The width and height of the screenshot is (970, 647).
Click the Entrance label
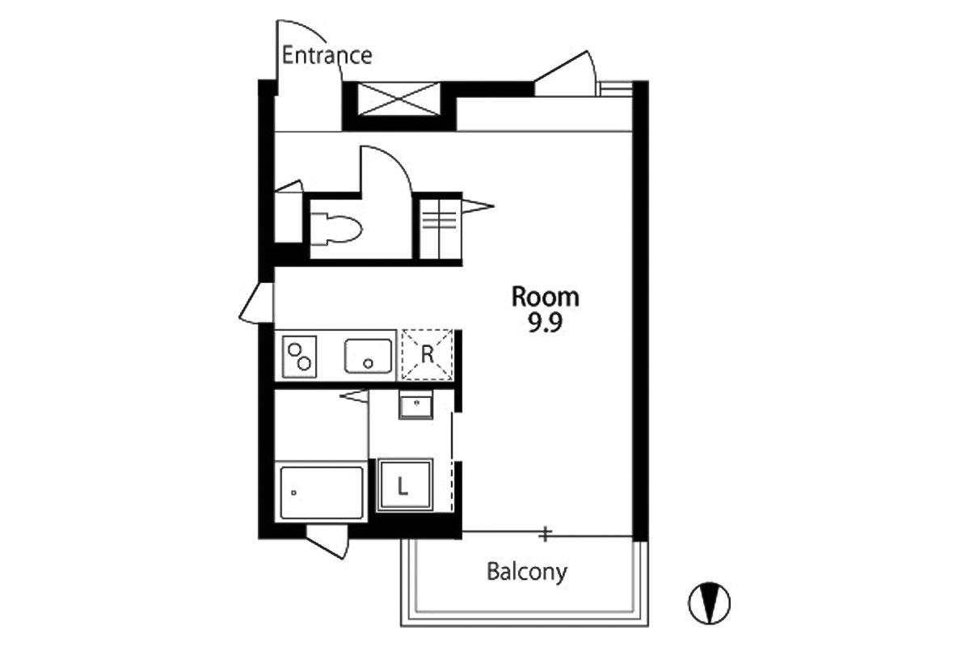pyautogui.click(x=327, y=56)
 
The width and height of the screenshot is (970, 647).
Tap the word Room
pyautogui.click(x=545, y=297)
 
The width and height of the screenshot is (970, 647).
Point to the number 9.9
pyautogui.click(x=545, y=323)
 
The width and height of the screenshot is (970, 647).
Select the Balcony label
pyautogui.click(x=527, y=572)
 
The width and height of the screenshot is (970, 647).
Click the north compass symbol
pyautogui.click(x=709, y=603)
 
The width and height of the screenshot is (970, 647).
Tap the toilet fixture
pyautogui.click(x=336, y=229)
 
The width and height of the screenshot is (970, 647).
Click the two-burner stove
pyautogui.click(x=299, y=357)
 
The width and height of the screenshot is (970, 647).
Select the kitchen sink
pyautogui.click(x=368, y=356)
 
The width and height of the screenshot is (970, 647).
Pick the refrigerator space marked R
pyautogui.click(x=427, y=355)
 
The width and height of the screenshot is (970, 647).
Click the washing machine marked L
pyautogui.click(x=404, y=485)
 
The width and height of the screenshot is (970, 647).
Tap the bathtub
pyautogui.click(x=322, y=493)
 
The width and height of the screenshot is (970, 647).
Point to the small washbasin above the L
pyautogui.click(x=415, y=404)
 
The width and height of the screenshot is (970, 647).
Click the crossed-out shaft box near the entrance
pyautogui.click(x=399, y=99)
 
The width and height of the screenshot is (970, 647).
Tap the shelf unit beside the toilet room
pyautogui.click(x=438, y=229)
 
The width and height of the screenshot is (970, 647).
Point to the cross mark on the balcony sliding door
pyautogui.click(x=545, y=534)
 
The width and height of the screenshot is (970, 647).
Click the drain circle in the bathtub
pyautogui.click(x=293, y=493)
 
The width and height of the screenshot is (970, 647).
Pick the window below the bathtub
pyautogui.click(x=327, y=541)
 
